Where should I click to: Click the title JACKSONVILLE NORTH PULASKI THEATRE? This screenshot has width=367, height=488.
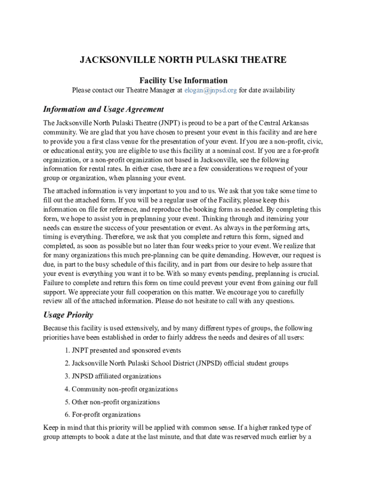tap(183, 60)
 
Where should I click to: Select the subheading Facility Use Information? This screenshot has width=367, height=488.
tap(183, 81)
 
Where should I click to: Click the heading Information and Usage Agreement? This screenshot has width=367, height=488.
tap(103, 109)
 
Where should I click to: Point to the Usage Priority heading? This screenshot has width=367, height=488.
tap(68, 315)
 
